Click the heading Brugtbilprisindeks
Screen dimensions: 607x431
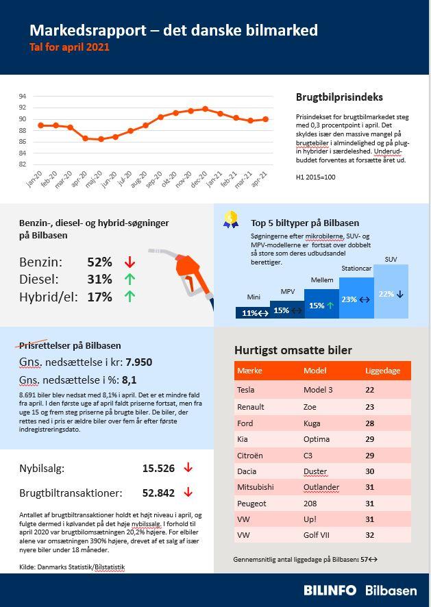339,98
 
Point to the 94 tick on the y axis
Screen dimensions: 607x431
22,97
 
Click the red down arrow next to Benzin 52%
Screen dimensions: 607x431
130,262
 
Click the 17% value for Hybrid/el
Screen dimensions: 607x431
99,297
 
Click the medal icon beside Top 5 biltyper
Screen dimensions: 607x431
231,220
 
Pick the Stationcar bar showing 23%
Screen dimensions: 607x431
356,299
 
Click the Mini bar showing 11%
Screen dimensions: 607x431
255,313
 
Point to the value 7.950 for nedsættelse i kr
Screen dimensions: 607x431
139,362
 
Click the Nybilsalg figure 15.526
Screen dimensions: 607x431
158,469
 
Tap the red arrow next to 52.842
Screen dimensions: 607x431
188,493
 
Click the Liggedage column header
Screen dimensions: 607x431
382,371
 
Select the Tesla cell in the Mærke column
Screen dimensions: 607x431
245,390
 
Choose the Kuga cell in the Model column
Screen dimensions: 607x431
312,423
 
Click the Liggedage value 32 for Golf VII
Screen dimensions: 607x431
370,535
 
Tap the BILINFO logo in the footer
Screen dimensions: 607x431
330,590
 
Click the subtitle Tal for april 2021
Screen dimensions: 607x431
69,48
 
